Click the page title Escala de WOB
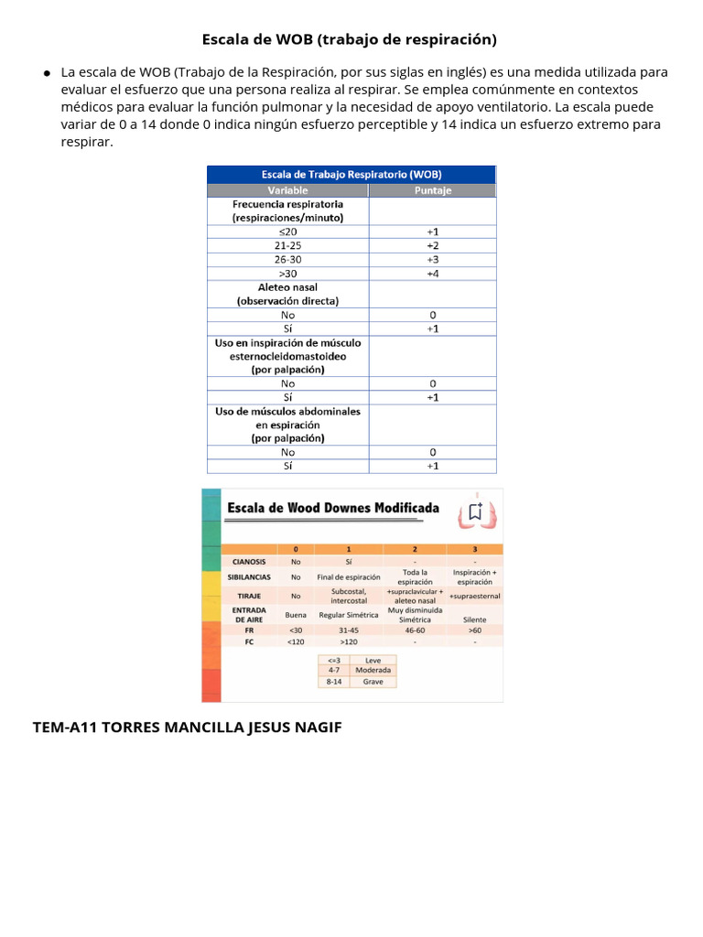[349, 39]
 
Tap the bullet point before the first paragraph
[46, 73]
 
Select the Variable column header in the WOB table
[287, 190]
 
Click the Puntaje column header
[432, 190]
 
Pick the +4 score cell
[432, 274]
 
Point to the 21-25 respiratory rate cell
[287, 246]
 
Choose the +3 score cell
[432, 260]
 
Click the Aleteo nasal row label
[287, 287]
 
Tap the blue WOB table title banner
[351, 174]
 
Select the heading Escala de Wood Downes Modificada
[332, 508]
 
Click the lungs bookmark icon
[477, 512]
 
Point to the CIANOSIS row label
[249, 561]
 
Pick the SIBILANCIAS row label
[251, 577]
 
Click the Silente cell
[474, 619]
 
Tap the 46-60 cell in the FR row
[415, 630]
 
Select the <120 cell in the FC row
[296, 641]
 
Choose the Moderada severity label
[373, 670]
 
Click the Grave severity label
[373, 682]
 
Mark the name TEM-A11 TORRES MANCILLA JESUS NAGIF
[187, 727]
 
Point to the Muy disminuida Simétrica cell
[415, 614]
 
